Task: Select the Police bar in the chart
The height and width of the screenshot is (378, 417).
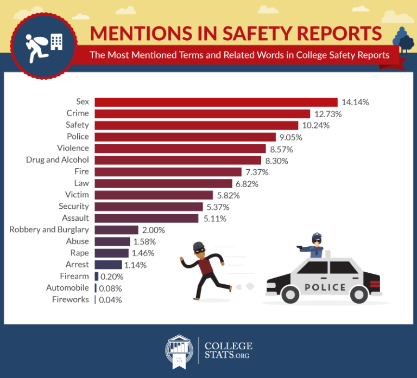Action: [x=185, y=137]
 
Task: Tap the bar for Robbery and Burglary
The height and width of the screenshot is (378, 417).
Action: [x=116, y=230]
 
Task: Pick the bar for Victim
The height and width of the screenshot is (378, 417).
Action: [x=154, y=195]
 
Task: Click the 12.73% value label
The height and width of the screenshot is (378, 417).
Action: [x=327, y=114]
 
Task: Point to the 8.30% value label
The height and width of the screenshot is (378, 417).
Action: [x=277, y=161]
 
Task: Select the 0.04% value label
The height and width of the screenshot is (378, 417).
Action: [x=111, y=300]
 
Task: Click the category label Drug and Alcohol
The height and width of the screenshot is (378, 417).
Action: [x=58, y=160]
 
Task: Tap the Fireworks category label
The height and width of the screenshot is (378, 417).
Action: [x=71, y=299]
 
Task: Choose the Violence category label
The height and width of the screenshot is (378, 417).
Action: [x=73, y=148]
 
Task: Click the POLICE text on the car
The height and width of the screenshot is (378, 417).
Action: [x=325, y=287]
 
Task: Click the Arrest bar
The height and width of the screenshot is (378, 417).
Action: [x=108, y=265]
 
